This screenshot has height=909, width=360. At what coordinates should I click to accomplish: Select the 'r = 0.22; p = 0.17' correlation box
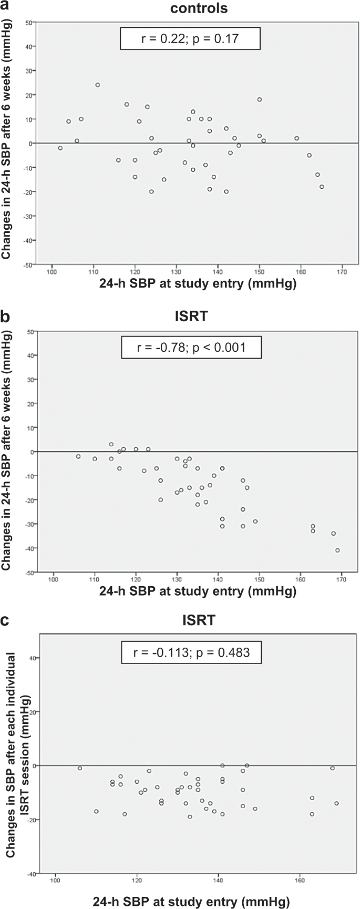190,38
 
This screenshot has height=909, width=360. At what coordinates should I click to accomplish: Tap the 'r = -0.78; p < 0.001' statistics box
191,347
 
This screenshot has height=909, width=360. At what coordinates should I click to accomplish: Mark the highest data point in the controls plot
97,85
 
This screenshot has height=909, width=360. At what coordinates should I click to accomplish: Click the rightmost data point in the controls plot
322,187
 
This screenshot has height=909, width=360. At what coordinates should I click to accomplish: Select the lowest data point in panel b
337,550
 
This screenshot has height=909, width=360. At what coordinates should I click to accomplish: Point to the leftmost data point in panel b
78,456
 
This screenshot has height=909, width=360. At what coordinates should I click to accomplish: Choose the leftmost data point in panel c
80,768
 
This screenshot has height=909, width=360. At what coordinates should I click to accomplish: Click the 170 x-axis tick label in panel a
343,272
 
